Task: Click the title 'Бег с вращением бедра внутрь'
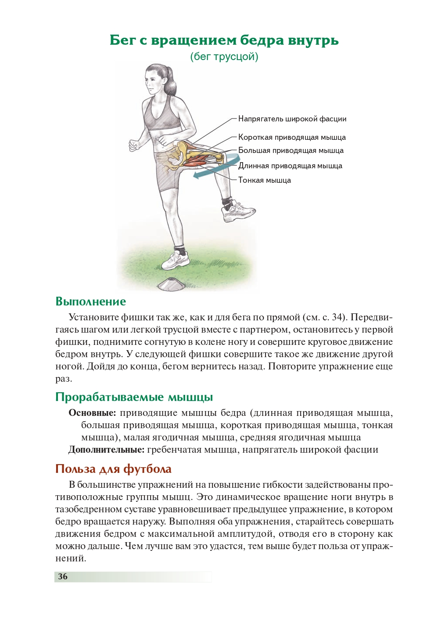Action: (224, 40)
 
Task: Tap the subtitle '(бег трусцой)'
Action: (224, 57)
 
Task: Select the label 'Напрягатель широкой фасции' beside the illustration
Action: (292, 119)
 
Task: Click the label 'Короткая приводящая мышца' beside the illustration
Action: (292, 137)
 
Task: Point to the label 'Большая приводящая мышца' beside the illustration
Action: (290, 150)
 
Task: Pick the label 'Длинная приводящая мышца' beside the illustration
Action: (290, 166)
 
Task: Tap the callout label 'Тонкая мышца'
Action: (264, 180)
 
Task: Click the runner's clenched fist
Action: (133, 145)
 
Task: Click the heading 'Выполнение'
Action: (90, 302)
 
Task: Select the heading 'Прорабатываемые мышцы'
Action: (134, 397)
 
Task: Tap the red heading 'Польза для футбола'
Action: (113, 469)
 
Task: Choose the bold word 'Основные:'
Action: (92, 413)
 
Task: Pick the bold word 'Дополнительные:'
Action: (106, 450)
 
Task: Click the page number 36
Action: (63, 576)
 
